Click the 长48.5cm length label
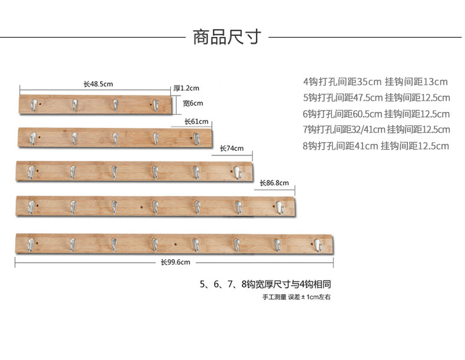click(98, 84)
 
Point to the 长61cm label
click(196, 122)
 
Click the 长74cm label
click(231, 148)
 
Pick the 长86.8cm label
click(274, 183)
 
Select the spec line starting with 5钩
click(376, 98)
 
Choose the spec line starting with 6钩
click(376, 114)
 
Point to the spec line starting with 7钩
click(376, 130)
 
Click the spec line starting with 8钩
click(376, 146)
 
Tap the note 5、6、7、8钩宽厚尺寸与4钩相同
click(269, 284)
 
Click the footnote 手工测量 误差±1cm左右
click(297, 297)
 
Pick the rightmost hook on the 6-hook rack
click(237, 172)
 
